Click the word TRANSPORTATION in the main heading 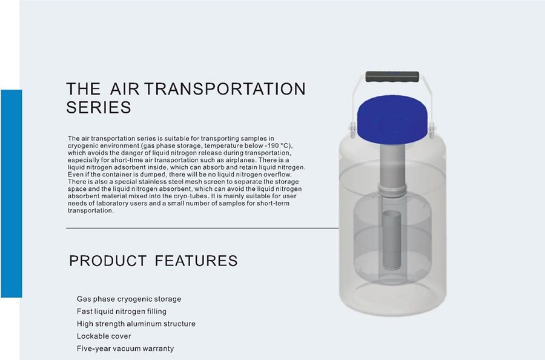[225, 88]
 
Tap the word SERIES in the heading [99, 107]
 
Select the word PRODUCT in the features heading [108, 261]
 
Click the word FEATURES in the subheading [196, 261]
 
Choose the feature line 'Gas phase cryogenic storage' [129, 299]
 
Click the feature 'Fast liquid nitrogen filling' [122, 312]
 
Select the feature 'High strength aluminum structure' [136, 324]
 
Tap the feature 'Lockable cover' [104, 336]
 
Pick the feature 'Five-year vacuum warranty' [125, 348]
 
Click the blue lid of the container [392, 116]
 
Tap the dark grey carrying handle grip [392, 76]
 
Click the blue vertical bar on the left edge [11, 193]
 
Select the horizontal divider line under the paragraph [202, 228]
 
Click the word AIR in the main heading [124, 88]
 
